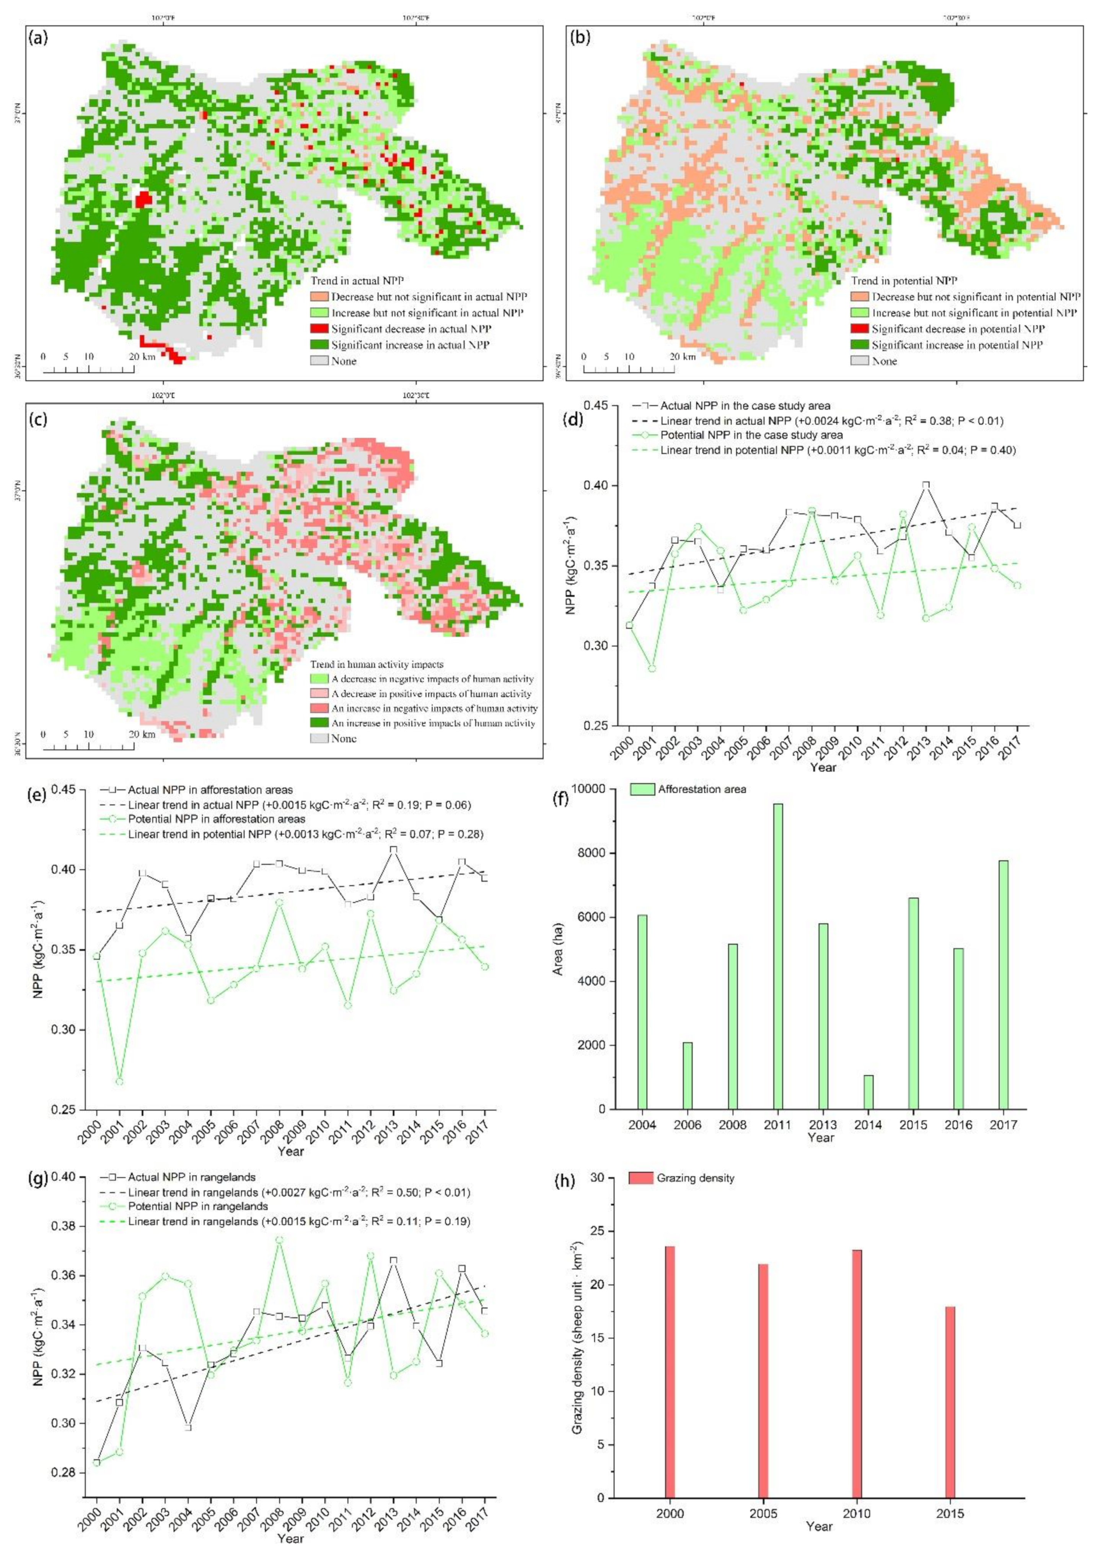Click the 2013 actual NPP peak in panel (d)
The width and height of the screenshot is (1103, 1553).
pos(926,485)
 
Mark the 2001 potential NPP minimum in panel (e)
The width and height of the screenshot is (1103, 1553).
pos(119,1081)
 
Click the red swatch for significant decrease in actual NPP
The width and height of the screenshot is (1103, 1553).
pos(319,329)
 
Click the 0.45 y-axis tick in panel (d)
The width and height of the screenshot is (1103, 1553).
pos(598,406)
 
